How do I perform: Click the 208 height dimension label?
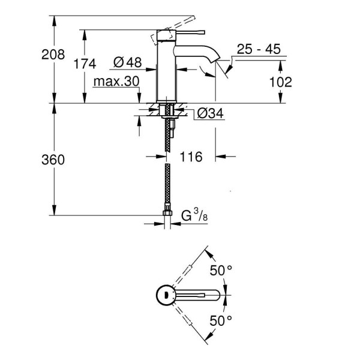[x=53, y=55]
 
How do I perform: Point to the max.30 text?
[x=116, y=81]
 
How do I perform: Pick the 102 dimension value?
[x=280, y=82]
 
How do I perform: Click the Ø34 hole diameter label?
[x=210, y=112]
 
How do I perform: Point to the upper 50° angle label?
[x=220, y=270]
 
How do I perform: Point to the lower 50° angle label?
[x=220, y=320]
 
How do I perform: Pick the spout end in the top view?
[x=217, y=295]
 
